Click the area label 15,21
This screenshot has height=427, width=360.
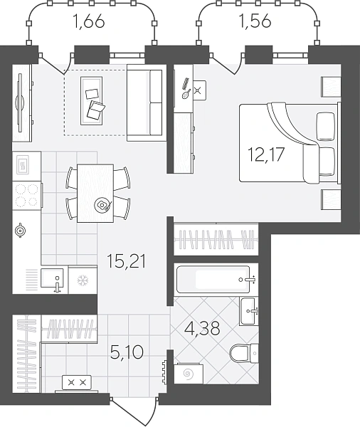coord(127,261)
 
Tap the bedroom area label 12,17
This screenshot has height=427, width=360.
coord(266,154)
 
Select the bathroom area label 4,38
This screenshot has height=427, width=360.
coord(202,328)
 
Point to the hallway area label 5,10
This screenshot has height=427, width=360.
coord(127,352)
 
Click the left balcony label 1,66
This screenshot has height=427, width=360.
coord(89,21)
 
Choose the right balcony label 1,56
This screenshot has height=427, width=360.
coord(255,21)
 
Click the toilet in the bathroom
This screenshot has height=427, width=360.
coord(244,353)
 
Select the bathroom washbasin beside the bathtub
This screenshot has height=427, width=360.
coord(248,311)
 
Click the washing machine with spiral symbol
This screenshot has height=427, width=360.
coord(189,374)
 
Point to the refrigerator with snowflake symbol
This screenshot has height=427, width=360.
coord(83,280)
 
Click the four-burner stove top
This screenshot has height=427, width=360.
coord(27,196)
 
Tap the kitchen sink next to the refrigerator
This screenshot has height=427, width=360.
coord(52,278)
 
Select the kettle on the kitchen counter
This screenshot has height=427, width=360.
coord(20,231)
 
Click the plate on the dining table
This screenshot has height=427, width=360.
coord(102,204)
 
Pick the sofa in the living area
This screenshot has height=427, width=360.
coord(147,103)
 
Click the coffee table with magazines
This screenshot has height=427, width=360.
coord(92,101)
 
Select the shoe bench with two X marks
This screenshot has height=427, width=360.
coord(77,383)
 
